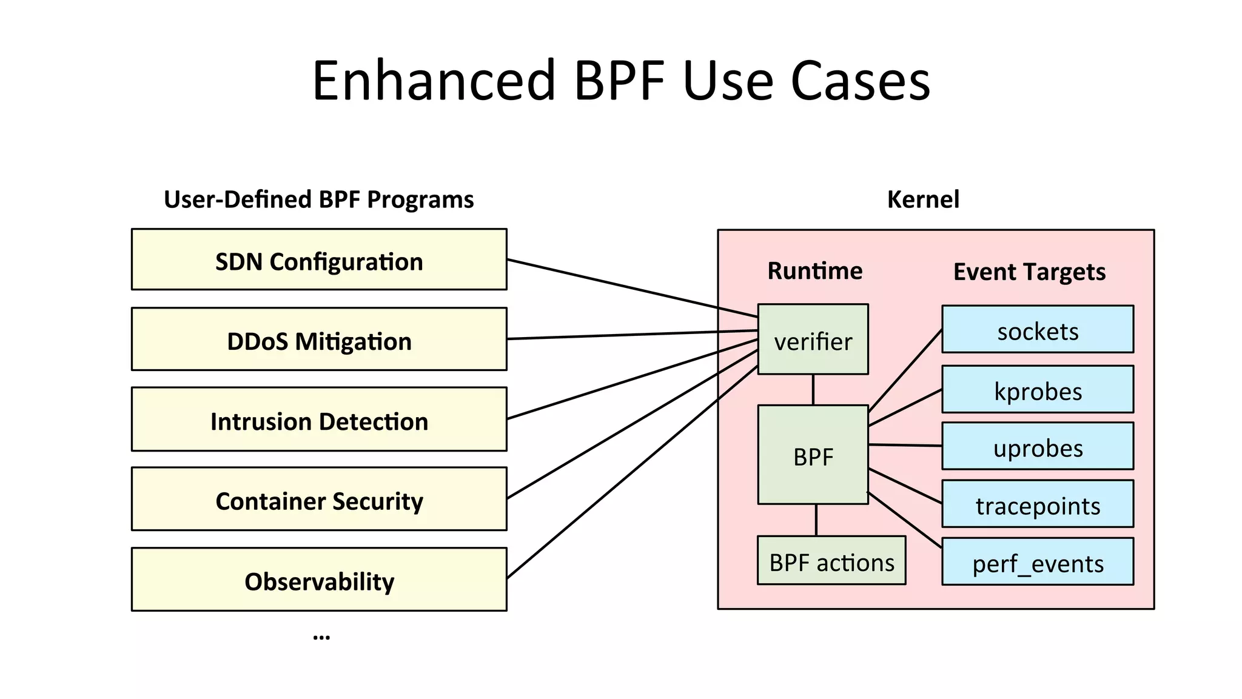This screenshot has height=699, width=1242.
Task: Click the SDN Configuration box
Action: tap(319, 259)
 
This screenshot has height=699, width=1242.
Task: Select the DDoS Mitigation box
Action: tap(319, 339)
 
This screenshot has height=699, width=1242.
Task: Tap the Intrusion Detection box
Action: tap(319, 420)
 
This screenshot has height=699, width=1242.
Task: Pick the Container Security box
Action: tap(319, 499)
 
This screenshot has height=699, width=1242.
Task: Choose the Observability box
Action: tap(319, 580)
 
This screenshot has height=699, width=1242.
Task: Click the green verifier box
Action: tap(813, 339)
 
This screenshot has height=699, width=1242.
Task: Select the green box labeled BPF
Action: tap(813, 455)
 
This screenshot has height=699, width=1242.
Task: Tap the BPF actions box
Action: tap(831, 561)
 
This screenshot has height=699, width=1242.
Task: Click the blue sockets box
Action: tap(1038, 329)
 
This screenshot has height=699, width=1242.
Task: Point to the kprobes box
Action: tap(1038, 389)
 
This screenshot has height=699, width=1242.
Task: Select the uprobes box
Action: tap(1038, 446)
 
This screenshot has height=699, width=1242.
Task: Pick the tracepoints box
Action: tap(1038, 504)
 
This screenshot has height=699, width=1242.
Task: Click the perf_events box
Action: tap(1038, 561)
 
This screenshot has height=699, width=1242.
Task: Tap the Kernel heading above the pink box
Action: tap(923, 199)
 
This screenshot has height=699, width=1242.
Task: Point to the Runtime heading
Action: tap(814, 271)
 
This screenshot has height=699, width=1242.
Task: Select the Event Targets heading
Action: tap(1029, 272)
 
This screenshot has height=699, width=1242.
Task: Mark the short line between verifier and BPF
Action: tap(813, 390)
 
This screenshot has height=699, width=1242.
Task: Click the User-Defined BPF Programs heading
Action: tap(319, 199)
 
